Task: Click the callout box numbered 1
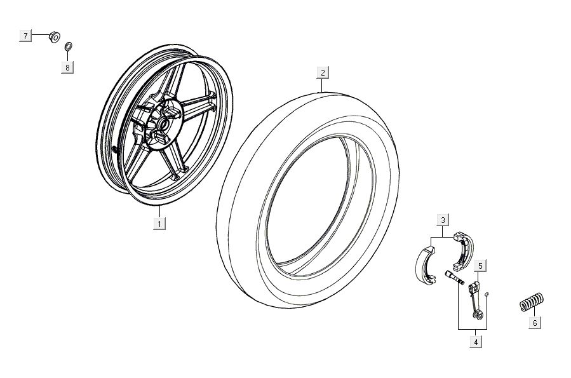click(159, 223)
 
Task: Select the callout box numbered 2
click(323, 73)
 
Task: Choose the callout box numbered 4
click(474, 342)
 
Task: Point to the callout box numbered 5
click(480, 265)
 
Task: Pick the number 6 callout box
click(534, 323)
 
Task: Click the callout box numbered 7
click(25, 36)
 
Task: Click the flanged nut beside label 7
click(55, 37)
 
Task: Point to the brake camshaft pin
click(455, 278)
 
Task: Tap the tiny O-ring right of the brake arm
click(487, 294)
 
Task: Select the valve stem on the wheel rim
click(114, 149)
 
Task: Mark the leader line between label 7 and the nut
click(40, 36)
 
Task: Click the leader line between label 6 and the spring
click(533, 313)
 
